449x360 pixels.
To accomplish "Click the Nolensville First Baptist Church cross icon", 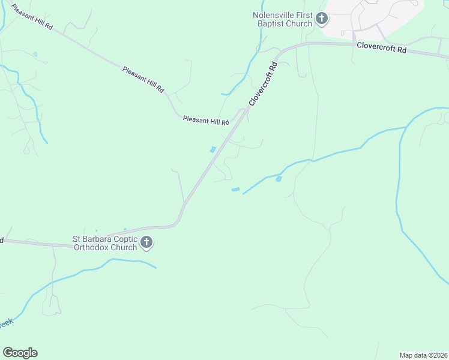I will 321,19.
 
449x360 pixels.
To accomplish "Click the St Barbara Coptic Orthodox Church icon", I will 146,243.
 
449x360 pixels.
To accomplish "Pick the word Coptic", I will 122,239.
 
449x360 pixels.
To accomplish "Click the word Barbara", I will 96,239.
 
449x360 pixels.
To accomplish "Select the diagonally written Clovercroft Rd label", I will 263,84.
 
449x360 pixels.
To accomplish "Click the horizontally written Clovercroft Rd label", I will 381,48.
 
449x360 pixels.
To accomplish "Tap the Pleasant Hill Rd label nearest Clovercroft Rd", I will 206,121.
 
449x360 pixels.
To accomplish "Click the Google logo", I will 20,353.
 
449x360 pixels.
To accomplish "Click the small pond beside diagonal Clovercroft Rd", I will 212,149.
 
